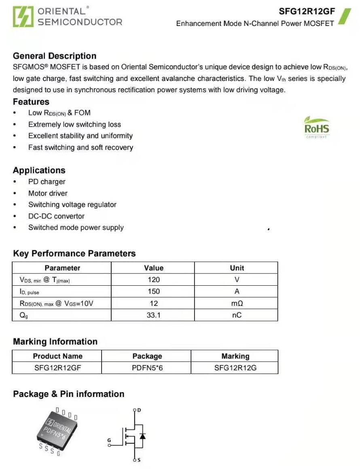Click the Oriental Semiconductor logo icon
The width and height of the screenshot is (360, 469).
(x=23, y=17)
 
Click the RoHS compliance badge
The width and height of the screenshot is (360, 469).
(x=317, y=128)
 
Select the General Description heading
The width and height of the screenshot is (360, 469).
(x=55, y=56)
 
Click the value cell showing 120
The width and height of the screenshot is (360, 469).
(x=154, y=280)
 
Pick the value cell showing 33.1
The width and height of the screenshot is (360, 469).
(x=154, y=315)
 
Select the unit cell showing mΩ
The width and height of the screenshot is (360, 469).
(x=237, y=303)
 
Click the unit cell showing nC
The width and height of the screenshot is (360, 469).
(x=237, y=315)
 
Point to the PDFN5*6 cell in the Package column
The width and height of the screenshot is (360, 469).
(x=147, y=368)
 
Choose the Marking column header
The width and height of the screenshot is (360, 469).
(x=235, y=356)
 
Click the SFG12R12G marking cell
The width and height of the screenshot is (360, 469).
(x=235, y=368)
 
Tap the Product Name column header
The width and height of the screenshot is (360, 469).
(x=57, y=356)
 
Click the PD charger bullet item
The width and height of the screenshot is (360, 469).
(x=47, y=182)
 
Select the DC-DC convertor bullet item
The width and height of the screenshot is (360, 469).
(x=56, y=216)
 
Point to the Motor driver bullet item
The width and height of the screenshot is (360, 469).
(x=48, y=193)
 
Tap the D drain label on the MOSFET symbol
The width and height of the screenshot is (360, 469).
(x=140, y=410)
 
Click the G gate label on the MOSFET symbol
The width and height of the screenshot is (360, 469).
(x=109, y=440)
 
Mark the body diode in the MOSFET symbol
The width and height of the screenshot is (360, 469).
(x=142, y=436)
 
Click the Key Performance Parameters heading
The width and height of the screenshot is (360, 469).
(x=74, y=253)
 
